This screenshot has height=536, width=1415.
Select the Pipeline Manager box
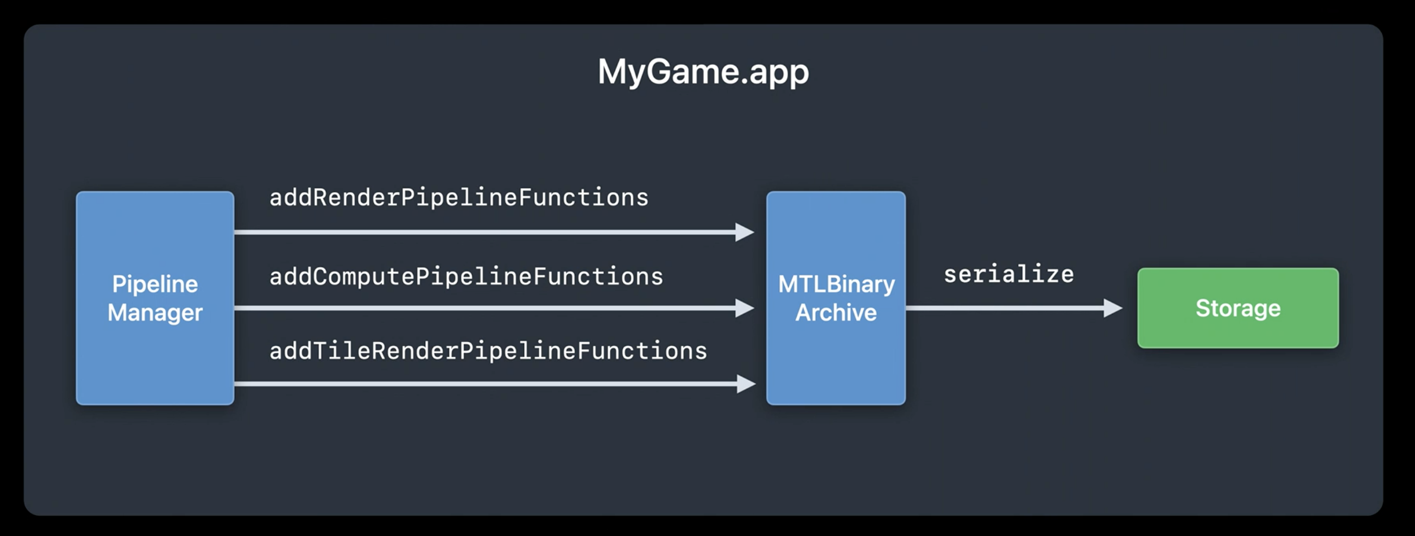tap(155, 298)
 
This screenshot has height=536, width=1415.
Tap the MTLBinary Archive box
tap(836, 298)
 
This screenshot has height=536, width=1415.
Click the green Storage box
tap(1238, 308)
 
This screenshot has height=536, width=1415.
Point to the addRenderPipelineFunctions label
tap(459, 198)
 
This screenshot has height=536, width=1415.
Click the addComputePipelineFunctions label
tap(466, 277)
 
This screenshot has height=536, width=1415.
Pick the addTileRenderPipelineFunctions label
tap(488, 352)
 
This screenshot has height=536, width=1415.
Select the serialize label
tap(1009, 275)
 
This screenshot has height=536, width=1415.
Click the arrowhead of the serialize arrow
tap(1113, 308)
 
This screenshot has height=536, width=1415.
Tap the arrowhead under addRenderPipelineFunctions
tap(745, 232)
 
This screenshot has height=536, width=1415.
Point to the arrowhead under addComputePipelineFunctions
tap(745, 308)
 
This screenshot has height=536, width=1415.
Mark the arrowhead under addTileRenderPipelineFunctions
tap(746, 384)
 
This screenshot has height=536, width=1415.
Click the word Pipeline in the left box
tap(155, 284)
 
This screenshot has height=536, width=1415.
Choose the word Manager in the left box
tap(155, 313)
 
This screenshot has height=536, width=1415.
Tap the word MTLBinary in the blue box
tap(836, 284)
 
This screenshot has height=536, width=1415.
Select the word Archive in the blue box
tap(836, 313)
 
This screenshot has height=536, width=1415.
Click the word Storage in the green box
tap(1238, 309)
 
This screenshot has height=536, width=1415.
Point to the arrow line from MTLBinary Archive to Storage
tap(1014, 308)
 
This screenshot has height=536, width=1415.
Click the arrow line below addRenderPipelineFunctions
tap(495, 232)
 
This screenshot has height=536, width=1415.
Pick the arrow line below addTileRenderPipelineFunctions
tap(495, 384)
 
